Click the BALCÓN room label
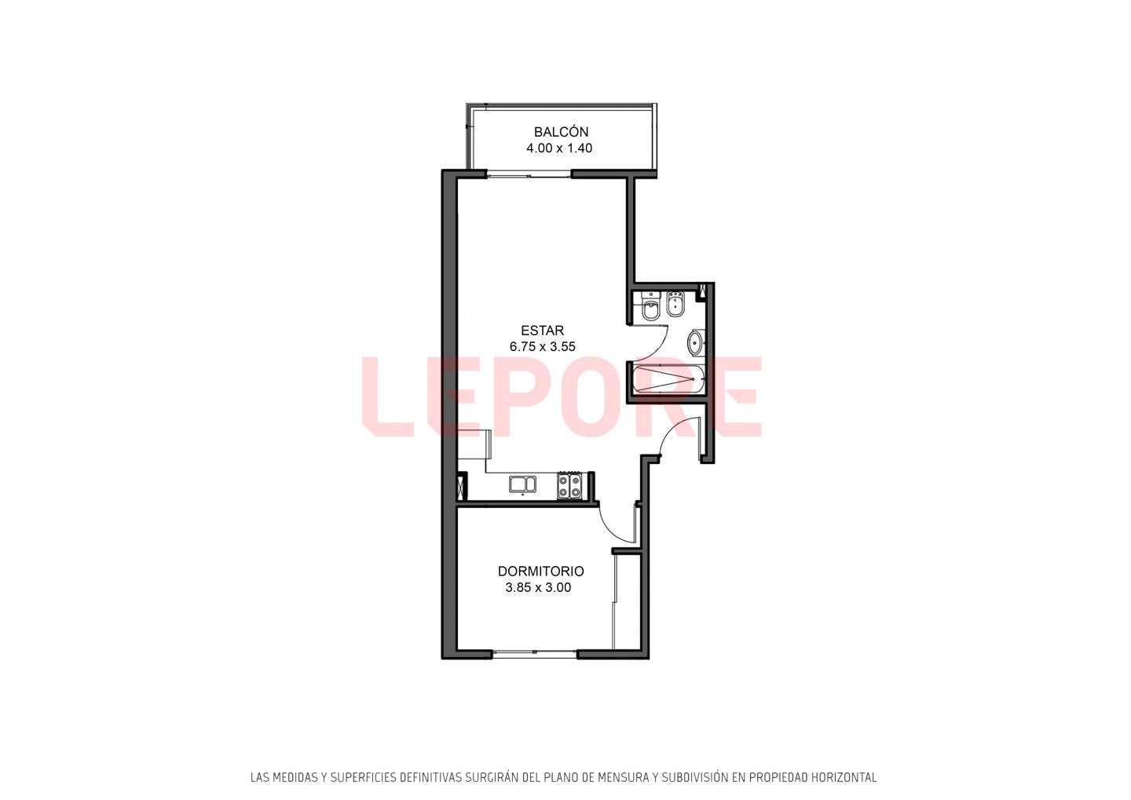click(x=561, y=132)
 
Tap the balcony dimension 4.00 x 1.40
click(x=559, y=148)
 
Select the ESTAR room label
click(x=542, y=331)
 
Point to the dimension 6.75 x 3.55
click(x=542, y=347)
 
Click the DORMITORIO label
click(x=540, y=572)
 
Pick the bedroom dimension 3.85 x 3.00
click(x=538, y=587)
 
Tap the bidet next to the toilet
click(x=675, y=305)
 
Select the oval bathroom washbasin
click(x=696, y=342)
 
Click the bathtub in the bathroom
click(x=665, y=379)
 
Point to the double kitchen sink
click(x=522, y=484)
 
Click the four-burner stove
click(x=570, y=485)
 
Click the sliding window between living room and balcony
click(x=529, y=175)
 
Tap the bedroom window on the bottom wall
click(x=535, y=654)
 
